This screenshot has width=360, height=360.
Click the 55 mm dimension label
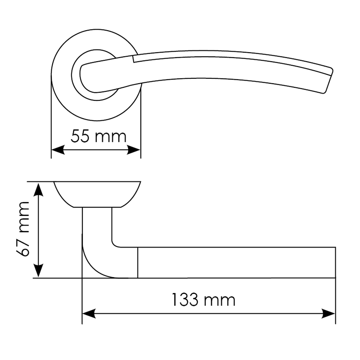tap(99, 136)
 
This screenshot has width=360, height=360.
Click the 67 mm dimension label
tap(23, 229)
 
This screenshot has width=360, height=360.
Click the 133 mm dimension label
tap(204, 300)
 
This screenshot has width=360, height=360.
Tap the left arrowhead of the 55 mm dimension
tap(58, 150)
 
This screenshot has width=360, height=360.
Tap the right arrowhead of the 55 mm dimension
tap(134, 150)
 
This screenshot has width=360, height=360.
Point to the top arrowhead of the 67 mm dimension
tap(38, 189)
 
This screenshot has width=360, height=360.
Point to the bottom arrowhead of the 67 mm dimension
tap(38, 271)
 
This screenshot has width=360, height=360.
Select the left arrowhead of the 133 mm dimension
tap(89, 314)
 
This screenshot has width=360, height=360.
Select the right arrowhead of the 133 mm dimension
tap(328, 314)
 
